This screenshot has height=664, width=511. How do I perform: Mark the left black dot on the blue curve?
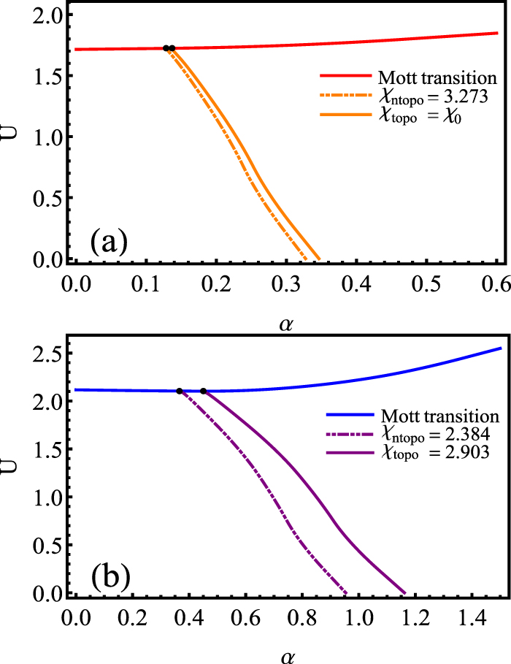pyautogui.click(x=180, y=391)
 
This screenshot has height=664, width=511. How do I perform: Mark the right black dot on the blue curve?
pyautogui.click(x=203, y=391)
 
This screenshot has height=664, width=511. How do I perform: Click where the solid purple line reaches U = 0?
pyautogui.click(x=404, y=592)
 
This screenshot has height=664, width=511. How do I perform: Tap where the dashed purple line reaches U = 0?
pyautogui.click(x=347, y=592)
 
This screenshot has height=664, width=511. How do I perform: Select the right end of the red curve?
pyautogui.click(x=497, y=32)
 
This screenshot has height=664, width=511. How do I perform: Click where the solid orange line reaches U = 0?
pyautogui.click(x=319, y=259)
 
